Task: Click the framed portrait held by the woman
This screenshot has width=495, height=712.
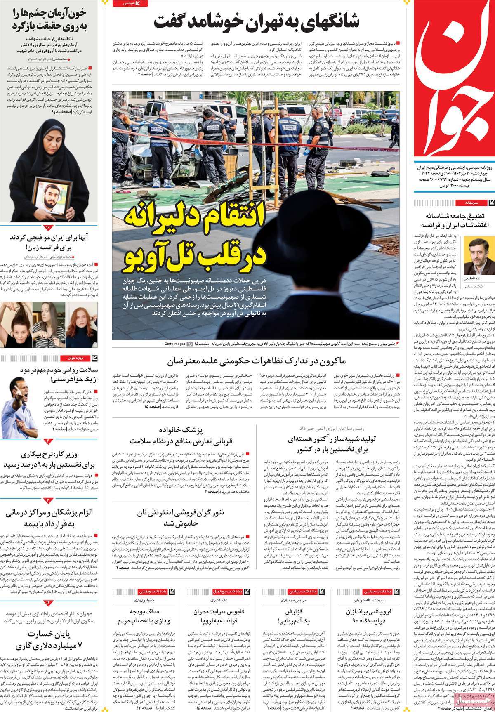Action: (48, 198)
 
